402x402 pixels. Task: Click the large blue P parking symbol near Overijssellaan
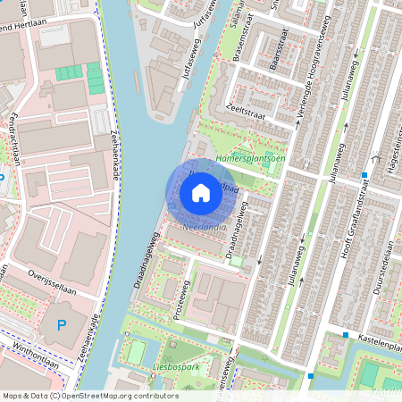(x=61, y=326)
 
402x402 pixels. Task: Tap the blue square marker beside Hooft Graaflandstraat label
(x=364, y=174)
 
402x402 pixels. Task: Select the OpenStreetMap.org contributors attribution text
(x=89, y=396)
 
